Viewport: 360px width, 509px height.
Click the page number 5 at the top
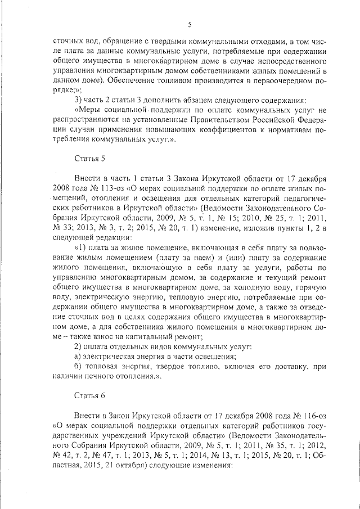pyautogui.click(x=190, y=24)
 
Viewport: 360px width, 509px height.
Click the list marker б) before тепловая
pyautogui.click(x=79, y=367)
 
